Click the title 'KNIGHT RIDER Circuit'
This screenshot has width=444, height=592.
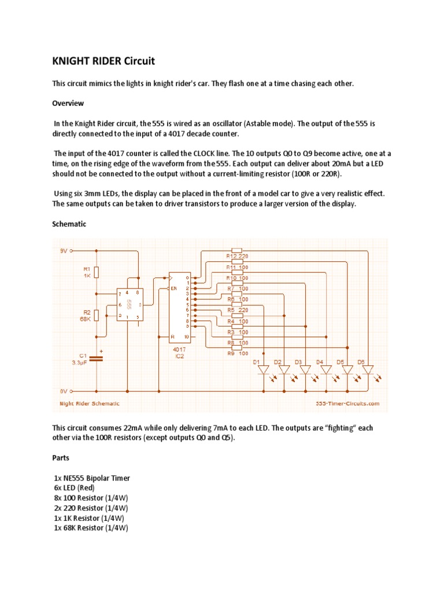tap(103, 61)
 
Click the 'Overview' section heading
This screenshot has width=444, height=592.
tap(68, 103)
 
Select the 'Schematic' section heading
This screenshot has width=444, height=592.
tap(69, 224)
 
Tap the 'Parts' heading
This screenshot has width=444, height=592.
tap(61, 458)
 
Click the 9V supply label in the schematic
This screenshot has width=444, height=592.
tap(64, 251)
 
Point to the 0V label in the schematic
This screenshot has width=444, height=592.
tap(64, 391)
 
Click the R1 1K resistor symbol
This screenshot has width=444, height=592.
tap(97, 272)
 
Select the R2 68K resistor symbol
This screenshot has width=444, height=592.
tap(97, 315)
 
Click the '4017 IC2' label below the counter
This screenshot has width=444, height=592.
tap(180, 353)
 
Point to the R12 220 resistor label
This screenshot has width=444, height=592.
tap(237, 254)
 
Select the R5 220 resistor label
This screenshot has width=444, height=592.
tap(237, 310)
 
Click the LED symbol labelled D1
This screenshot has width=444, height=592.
tap(264, 370)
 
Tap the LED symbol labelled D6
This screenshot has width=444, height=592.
tap(368, 370)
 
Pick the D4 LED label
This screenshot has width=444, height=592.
tap(319, 361)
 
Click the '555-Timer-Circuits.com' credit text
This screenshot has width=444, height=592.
tap(347, 404)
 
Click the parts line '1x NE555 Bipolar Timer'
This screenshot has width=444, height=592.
tap(91, 478)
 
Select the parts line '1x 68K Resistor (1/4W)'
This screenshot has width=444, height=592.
tap(91, 528)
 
